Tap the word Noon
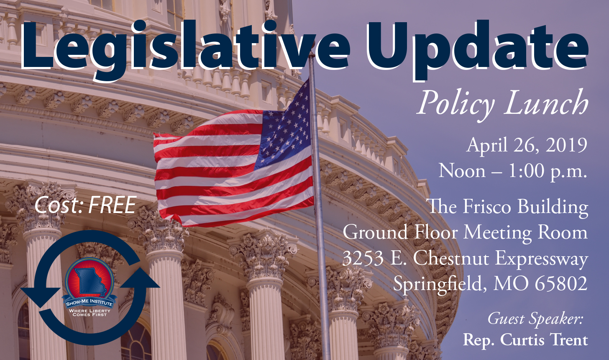(462, 171)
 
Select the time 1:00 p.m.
(548, 172)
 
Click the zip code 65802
(561, 284)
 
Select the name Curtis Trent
(544, 340)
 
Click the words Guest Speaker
(535, 319)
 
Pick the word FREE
(112, 205)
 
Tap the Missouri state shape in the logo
(90, 282)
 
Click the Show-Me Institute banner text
(90, 302)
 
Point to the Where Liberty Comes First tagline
(90, 313)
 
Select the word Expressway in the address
(542, 259)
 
